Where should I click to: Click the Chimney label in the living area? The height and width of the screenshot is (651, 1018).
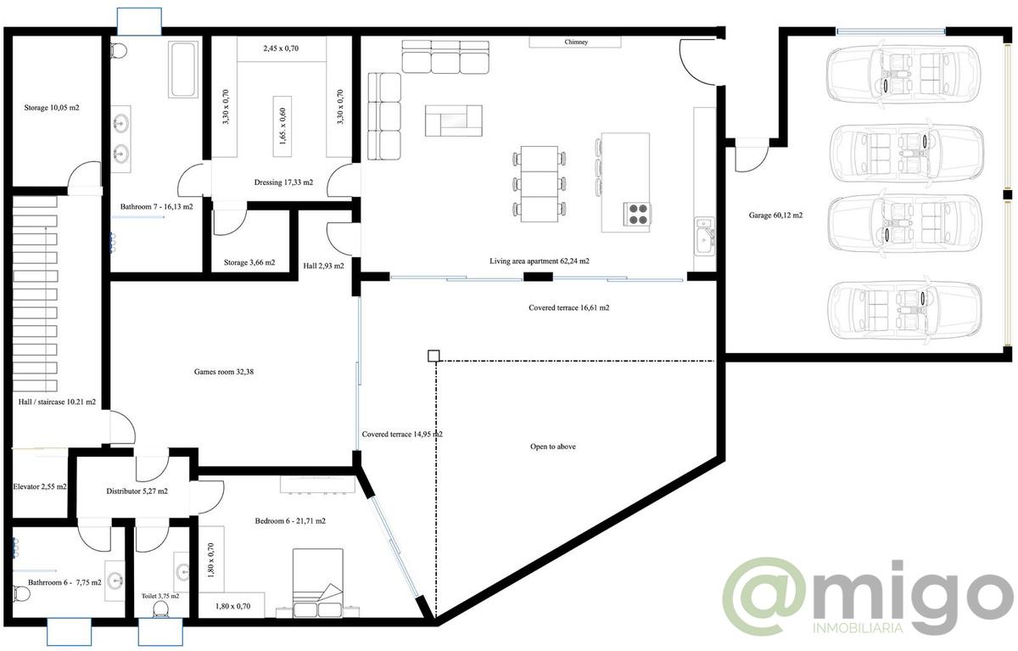tap(576, 42)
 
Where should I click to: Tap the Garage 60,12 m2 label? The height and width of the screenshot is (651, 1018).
tap(775, 215)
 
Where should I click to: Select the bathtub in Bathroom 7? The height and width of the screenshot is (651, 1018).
tap(183, 70)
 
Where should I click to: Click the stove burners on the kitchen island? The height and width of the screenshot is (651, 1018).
tap(637, 215)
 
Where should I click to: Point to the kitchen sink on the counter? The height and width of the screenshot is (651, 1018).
tap(704, 238)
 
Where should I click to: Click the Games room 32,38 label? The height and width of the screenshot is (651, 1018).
tap(224, 372)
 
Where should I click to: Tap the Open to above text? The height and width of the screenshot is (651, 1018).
tap(552, 446)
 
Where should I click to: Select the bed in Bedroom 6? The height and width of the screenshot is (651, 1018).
tap(317, 583)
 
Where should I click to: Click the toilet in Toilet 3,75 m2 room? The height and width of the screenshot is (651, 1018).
tap(160, 609)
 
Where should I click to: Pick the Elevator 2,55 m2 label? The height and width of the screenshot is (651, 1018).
tap(40, 486)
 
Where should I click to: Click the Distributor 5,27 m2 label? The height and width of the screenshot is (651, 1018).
tap(137, 491)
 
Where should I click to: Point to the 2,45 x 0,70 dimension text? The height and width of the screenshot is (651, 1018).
tap(281, 48)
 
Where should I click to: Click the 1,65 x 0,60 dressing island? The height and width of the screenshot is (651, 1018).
tap(282, 126)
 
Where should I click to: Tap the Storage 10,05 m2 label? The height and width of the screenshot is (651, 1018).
tap(52, 108)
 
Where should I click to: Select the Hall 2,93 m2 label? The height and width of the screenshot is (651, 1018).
tap(323, 266)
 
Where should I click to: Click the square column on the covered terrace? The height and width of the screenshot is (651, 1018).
tap(433, 356)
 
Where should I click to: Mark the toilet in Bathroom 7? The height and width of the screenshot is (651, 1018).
tap(119, 50)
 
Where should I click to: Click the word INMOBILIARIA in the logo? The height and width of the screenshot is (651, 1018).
tap(857, 628)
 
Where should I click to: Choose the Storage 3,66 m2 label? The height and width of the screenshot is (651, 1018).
tap(249, 262)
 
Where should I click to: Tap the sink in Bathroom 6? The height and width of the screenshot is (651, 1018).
tap(115, 581)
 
